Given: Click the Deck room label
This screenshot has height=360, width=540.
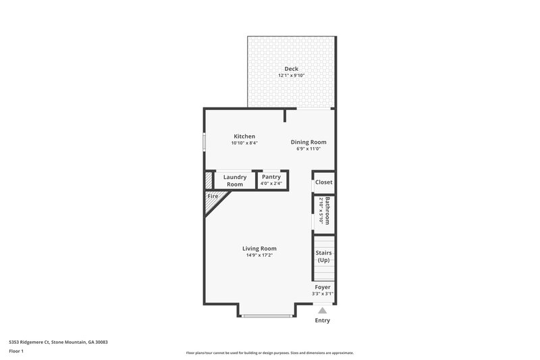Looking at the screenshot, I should click(291, 69).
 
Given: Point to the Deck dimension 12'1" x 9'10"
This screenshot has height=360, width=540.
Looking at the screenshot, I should click(291, 76).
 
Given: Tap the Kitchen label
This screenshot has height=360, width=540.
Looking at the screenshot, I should click(244, 136).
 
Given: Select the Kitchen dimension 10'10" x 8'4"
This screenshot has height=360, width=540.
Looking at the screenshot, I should click(244, 143).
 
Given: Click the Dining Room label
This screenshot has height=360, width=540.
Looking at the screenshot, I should click(308, 142).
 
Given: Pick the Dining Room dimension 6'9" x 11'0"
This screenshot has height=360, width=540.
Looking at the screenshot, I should click(308, 149).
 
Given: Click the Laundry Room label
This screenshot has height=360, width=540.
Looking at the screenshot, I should click(235, 181).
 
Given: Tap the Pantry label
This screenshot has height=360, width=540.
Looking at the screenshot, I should click(271, 177).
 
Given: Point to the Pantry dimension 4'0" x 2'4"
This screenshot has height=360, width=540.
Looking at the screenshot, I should click(271, 184).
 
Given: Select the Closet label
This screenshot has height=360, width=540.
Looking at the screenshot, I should click(324, 182).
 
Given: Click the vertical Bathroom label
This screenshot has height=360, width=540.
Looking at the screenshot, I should click(327, 211).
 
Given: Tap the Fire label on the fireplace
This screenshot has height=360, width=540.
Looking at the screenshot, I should click(213, 197).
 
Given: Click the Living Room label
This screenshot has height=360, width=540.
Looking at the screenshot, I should click(259, 249).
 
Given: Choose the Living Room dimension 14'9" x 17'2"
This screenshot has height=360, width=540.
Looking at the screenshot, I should click(259, 255).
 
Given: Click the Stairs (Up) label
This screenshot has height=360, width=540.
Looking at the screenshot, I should click(323, 257).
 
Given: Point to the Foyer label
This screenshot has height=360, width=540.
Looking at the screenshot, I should click(323, 287).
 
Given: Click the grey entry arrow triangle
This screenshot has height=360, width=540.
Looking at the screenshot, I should click(323, 311).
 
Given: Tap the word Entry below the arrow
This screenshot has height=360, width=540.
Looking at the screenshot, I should click(323, 320).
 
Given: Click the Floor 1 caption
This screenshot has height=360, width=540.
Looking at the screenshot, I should click(16, 352).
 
